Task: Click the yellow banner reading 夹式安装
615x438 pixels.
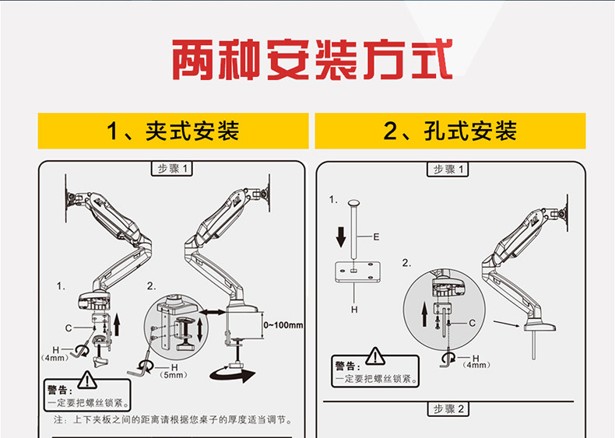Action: tap(174, 131)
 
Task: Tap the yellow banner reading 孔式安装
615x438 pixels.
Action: tap(450, 131)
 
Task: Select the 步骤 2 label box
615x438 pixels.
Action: tap(449, 409)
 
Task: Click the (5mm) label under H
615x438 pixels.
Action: tap(174, 374)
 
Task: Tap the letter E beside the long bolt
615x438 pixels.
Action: tap(375, 236)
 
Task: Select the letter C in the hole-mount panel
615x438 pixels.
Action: tap(473, 321)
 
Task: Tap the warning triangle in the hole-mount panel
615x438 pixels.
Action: tap(376, 356)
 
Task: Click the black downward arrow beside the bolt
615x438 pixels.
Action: tap(340, 236)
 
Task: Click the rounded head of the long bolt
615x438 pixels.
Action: tap(354, 204)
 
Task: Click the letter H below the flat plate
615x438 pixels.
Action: tap(354, 310)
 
